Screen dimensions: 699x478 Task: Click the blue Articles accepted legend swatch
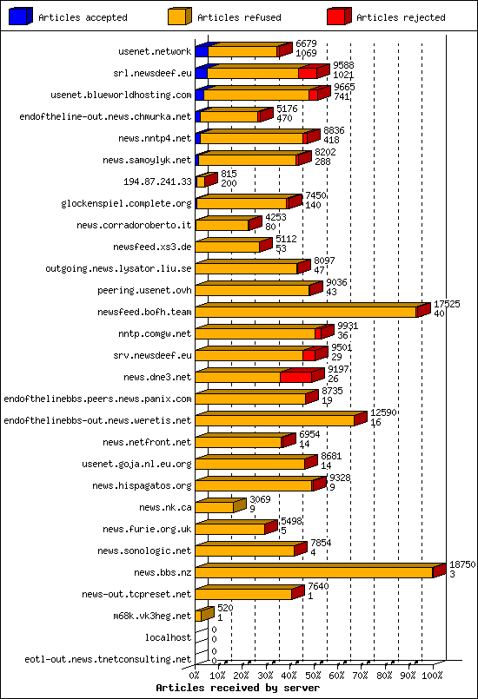(x=20, y=16)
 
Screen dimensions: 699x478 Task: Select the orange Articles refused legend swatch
(x=179, y=16)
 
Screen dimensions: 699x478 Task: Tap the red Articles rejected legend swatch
(x=338, y=16)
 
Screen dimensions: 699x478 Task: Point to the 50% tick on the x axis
(x=315, y=675)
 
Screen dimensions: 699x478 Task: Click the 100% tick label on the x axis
(x=432, y=675)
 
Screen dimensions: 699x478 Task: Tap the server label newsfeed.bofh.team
(x=144, y=312)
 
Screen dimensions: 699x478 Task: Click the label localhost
(x=169, y=637)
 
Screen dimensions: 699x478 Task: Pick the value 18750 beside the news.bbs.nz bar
(x=461, y=564)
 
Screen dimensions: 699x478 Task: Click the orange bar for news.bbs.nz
(x=313, y=572)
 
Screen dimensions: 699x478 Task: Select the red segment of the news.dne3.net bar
(x=295, y=377)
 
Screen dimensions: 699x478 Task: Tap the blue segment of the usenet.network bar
(x=201, y=51)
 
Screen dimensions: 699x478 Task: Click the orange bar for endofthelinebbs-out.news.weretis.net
(x=274, y=420)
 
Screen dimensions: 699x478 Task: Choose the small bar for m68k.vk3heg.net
(x=199, y=616)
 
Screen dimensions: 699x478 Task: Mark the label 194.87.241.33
(x=158, y=181)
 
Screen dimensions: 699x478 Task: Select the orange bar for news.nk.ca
(x=214, y=507)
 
